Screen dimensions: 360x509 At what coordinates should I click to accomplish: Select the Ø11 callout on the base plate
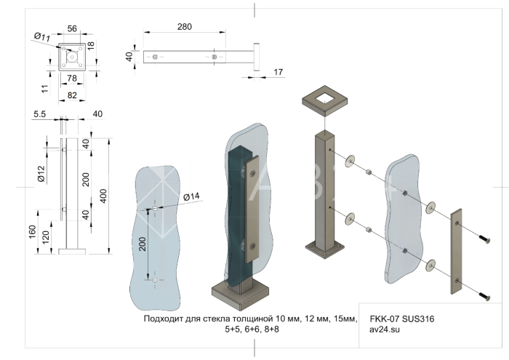[41, 36]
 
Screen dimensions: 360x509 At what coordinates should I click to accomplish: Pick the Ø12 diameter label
[41, 175]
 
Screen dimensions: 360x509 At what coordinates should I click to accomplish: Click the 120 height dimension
[47, 238]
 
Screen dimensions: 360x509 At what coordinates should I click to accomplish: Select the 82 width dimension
[71, 95]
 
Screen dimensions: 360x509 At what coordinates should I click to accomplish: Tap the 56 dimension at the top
[72, 28]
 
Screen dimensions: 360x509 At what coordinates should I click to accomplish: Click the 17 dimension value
[278, 72]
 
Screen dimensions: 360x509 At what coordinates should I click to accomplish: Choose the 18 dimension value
[91, 45]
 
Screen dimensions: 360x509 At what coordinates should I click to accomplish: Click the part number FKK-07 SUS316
[402, 319]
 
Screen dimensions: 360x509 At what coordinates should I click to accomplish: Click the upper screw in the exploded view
[484, 239]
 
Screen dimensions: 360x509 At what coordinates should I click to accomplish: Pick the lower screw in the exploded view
[484, 296]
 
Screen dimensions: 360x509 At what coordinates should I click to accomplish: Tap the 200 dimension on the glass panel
[143, 244]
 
